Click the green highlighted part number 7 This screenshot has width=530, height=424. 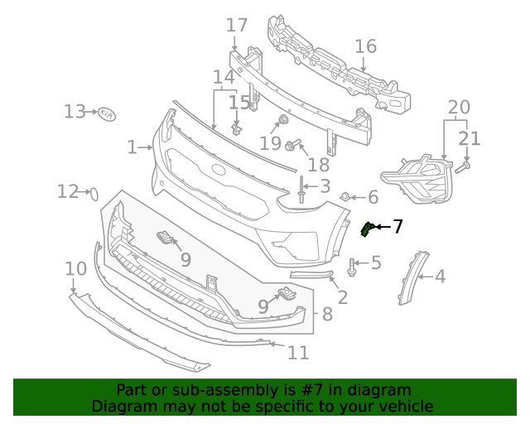point(366,229)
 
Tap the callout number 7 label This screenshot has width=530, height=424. point(398,226)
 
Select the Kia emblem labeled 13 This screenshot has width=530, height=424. point(108,113)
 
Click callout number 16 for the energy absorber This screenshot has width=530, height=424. point(365,46)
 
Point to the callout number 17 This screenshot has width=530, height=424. point(237,26)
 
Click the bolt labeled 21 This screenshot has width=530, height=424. point(462,166)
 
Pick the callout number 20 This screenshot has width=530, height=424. point(458,107)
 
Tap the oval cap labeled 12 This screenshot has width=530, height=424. point(94,194)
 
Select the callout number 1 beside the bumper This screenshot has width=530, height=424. point(132,147)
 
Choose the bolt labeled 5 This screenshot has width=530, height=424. point(354,266)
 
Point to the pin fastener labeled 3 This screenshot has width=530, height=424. point(301,195)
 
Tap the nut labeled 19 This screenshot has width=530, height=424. point(283,122)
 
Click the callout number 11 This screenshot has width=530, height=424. point(298,353)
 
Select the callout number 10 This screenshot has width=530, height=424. point(75,268)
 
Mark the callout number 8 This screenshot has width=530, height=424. point(327,315)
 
